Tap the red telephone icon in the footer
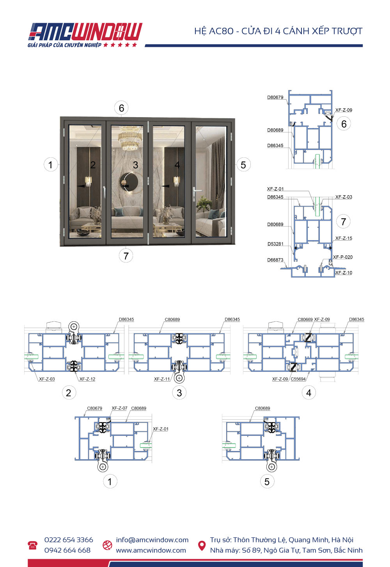[x=32, y=545]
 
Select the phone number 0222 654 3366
[x=69, y=540]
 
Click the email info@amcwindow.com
[x=152, y=540]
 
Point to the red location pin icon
[x=202, y=545]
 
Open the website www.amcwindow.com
[x=151, y=550]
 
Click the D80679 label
[x=275, y=98]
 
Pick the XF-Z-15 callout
[x=344, y=238]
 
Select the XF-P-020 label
[x=343, y=257]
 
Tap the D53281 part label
[x=275, y=244]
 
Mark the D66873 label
[x=275, y=260]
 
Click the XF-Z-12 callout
[x=87, y=379]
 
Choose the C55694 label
[x=298, y=379]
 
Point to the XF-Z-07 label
[x=119, y=408]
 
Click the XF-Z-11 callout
[x=162, y=379]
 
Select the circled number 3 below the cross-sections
[x=179, y=393]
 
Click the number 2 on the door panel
[x=93, y=165]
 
